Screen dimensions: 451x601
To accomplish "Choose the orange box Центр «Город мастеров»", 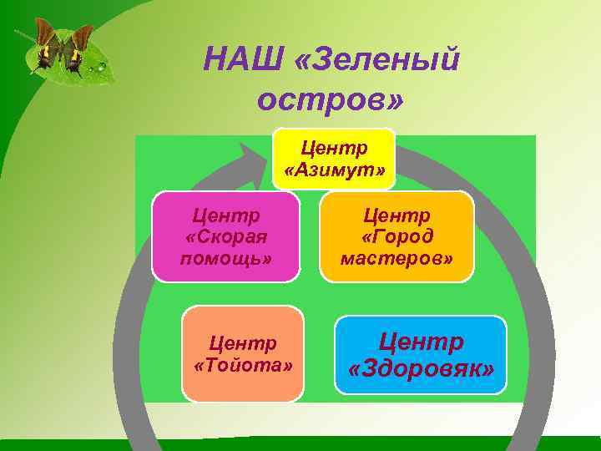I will (x=396, y=236).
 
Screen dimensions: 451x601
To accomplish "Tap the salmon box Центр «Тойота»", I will (x=243, y=354).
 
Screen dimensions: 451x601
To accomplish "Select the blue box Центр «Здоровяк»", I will (x=421, y=354).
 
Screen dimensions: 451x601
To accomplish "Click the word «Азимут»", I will (x=334, y=170).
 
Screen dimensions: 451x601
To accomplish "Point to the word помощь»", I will (x=225, y=257).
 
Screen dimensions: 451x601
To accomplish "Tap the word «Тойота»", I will (x=243, y=366).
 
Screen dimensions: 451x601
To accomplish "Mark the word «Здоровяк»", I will (x=421, y=368).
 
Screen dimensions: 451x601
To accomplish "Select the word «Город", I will (x=397, y=237).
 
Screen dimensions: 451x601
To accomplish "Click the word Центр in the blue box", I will (x=421, y=341).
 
